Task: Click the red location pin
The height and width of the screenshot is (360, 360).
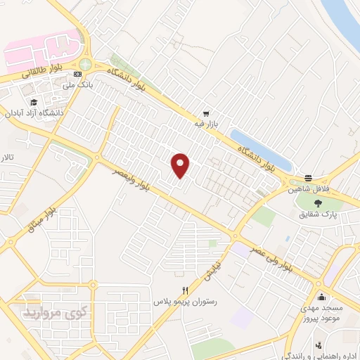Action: coord(181,165)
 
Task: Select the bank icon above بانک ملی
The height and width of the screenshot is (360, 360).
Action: coord(85,74)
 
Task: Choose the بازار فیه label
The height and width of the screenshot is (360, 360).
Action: coord(207,124)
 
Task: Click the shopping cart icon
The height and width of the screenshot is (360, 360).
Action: coord(206,113)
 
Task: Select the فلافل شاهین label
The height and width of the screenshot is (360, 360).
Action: coord(308,188)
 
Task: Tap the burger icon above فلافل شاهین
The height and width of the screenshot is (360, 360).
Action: coord(308,178)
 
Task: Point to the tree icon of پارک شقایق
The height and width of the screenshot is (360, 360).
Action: coord(319,202)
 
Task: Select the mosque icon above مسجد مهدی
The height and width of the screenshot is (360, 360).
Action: coord(321,295)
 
